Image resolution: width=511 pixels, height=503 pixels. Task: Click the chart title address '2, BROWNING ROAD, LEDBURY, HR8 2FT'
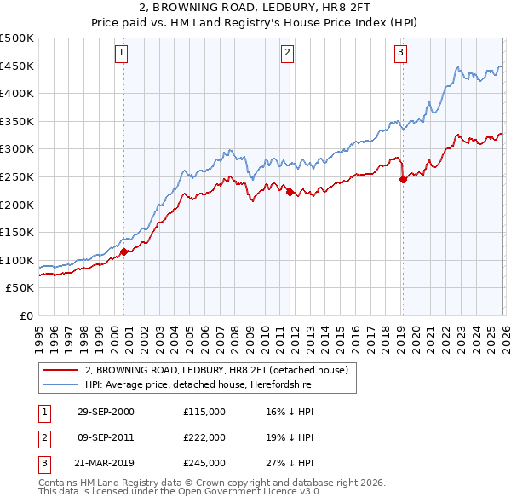tap(255, 9)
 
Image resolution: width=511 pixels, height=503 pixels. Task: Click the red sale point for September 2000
tap(124, 251)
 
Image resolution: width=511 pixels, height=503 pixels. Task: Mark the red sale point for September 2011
tap(290, 192)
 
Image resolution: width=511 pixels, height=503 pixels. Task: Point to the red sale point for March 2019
tap(403, 179)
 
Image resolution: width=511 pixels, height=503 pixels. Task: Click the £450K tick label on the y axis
tap(17, 66)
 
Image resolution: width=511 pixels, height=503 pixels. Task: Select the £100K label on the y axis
tap(17, 260)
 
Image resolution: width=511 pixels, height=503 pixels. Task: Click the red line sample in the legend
tap(60, 371)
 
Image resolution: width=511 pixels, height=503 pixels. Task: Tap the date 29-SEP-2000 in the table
tap(106, 412)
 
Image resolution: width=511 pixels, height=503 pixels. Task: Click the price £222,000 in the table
tap(204, 437)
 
